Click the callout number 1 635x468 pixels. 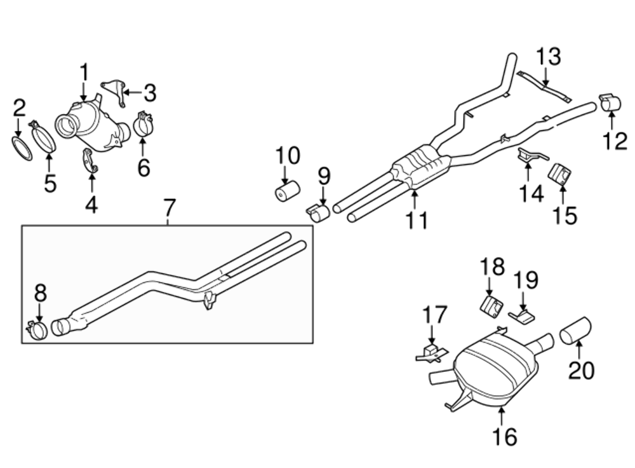84,73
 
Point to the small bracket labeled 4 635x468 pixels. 90,162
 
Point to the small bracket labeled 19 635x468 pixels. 521,314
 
